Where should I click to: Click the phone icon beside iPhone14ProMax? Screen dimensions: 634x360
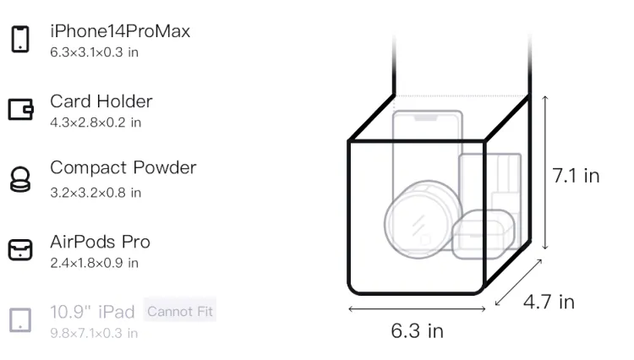pyautogui.click(x=20, y=39)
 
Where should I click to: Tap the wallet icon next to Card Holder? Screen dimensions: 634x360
pyautogui.click(x=20, y=109)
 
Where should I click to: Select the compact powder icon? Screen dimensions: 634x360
pyautogui.click(x=20, y=179)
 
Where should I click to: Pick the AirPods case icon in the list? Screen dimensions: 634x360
pyautogui.click(x=20, y=249)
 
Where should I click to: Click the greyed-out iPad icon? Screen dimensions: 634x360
pyautogui.click(x=20, y=320)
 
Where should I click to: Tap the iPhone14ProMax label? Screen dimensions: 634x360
pyautogui.click(x=120, y=31)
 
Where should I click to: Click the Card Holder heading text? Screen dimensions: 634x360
pyautogui.click(x=101, y=101)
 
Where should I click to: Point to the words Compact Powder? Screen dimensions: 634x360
pyautogui.click(x=123, y=167)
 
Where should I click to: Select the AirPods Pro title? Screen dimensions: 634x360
pyautogui.click(x=100, y=242)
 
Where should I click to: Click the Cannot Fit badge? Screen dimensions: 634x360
pyautogui.click(x=180, y=311)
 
